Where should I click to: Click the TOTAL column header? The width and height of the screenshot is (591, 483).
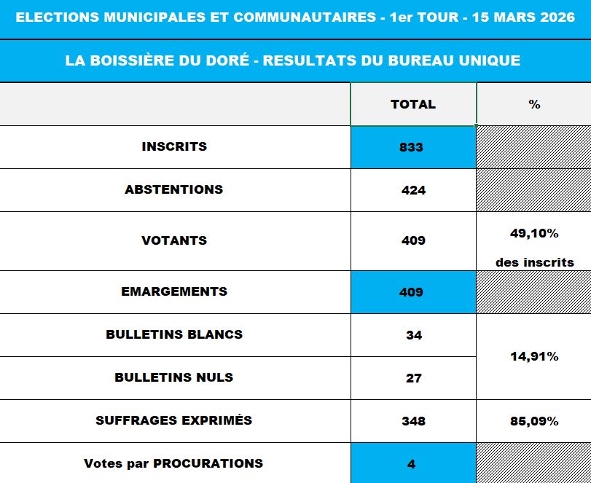point(413,104)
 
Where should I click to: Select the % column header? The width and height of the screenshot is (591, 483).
point(534,104)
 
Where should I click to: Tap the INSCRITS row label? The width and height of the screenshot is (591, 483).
point(174,146)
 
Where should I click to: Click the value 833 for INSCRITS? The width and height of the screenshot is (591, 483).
point(411,147)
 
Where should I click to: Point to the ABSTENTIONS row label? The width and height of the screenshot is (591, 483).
point(173,189)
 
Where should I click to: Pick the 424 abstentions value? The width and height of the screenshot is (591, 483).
point(413,191)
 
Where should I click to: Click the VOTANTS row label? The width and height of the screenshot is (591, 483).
point(174,240)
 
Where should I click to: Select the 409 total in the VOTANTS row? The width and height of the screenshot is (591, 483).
point(413,241)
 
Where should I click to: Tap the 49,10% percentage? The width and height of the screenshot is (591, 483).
point(534,234)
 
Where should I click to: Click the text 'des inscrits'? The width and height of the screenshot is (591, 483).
point(534,262)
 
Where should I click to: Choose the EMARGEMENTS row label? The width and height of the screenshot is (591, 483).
point(174,291)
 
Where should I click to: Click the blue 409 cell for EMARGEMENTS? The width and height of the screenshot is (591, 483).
point(411,292)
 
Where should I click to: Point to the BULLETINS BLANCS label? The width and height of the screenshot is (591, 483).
point(174,334)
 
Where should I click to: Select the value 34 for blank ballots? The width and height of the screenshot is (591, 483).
point(413,336)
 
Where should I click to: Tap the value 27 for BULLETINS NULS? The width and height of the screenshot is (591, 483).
point(413,379)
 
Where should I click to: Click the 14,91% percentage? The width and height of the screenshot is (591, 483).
point(534,357)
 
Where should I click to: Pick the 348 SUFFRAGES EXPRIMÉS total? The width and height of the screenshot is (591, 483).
point(413,421)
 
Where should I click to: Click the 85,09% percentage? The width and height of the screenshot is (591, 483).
point(534,421)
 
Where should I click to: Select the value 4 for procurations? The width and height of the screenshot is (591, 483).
point(411,464)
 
